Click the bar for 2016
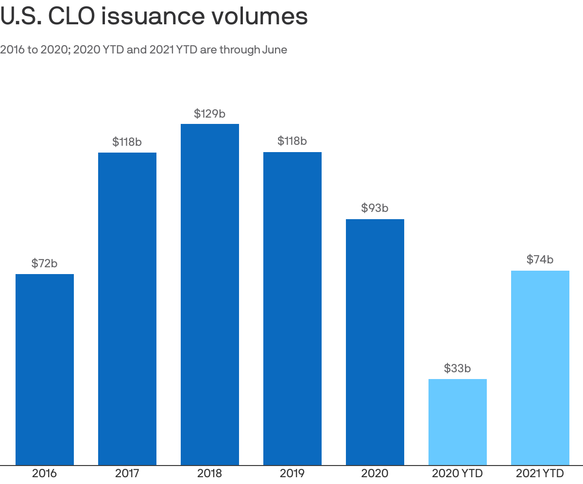click(45, 369)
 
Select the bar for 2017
click(127, 309)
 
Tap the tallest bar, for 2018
click(210, 294)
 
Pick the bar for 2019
click(292, 309)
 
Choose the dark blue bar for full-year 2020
click(375, 342)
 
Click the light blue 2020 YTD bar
click(458, 422)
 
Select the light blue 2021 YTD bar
click(540, 368)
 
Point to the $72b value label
click(45, 263)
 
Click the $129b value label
click(210, 114)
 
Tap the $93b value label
click(375, 208)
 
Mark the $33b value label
click(458, 368)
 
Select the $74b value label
click(540, 259)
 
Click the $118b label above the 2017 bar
click(127, 142)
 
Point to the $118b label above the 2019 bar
click(292, 141)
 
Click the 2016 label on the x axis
click(45, 473)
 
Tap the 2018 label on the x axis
click(210, 473)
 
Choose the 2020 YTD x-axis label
click(458, 473)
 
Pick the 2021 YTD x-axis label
click(540, 473)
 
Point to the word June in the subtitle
click(274, 50)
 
